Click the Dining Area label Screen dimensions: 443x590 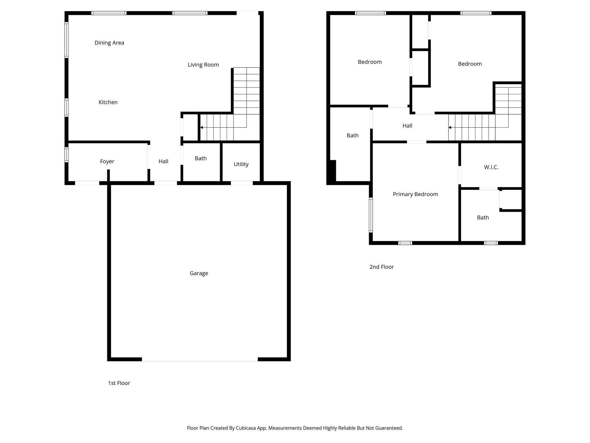109,43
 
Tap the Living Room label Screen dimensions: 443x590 203,65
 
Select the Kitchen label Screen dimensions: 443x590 108,102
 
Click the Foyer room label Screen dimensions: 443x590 107,162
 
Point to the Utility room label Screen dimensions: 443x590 241,164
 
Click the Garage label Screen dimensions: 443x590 199,273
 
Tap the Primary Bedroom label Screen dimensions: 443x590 415,194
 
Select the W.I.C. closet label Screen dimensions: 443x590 491,167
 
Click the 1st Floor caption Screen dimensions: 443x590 119,383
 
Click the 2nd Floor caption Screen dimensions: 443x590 381,267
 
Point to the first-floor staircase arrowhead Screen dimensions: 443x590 202,127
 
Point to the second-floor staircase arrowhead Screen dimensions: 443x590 450,127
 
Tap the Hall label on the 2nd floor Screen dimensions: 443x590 407,126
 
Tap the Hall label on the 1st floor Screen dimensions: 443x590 163,162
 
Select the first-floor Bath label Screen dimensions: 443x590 201,158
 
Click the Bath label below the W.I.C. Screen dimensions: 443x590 483,218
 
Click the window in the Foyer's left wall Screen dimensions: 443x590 67,155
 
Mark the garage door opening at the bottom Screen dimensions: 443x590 200,359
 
